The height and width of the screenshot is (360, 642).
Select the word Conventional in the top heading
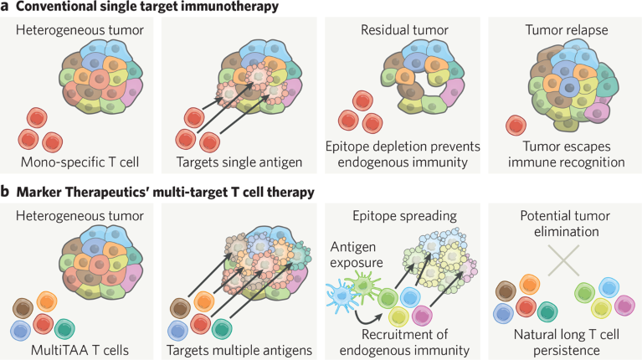click(57, 7)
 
